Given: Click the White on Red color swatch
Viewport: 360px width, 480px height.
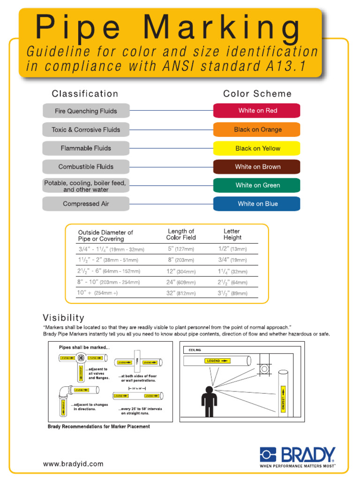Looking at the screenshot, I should pos(256,111).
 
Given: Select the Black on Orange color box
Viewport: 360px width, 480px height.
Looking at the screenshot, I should pos(256,129).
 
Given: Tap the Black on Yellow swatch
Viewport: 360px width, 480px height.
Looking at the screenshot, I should pos(256,148).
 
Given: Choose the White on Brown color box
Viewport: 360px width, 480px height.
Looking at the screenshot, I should pos(256,167).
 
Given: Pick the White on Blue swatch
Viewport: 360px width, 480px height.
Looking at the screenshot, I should pos(256,204).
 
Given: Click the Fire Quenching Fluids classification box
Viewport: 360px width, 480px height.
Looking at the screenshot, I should pos(86,111).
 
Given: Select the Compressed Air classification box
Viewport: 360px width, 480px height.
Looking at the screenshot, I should pos(86,204).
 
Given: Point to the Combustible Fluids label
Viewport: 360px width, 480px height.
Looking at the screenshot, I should pos(86,167).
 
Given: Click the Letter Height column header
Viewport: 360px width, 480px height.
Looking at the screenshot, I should pos(232,234).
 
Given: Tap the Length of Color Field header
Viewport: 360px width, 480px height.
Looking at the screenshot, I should pos(181,234).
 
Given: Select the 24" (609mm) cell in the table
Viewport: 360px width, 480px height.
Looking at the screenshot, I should pos(181,283).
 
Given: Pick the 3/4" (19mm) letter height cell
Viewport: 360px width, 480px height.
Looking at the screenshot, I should pos(232,260).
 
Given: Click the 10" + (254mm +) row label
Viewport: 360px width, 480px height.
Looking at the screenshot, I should pos(97,293).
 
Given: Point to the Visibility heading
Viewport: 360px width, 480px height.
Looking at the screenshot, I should pos(63,318).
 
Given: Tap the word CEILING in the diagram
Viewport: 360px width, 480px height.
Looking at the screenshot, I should pos(195,350).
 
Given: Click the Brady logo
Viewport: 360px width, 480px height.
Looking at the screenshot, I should pos(298,457).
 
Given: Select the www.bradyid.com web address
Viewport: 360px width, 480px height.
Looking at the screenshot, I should pos(73,464).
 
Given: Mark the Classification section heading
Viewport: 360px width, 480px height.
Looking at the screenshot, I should pos(85,94).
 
